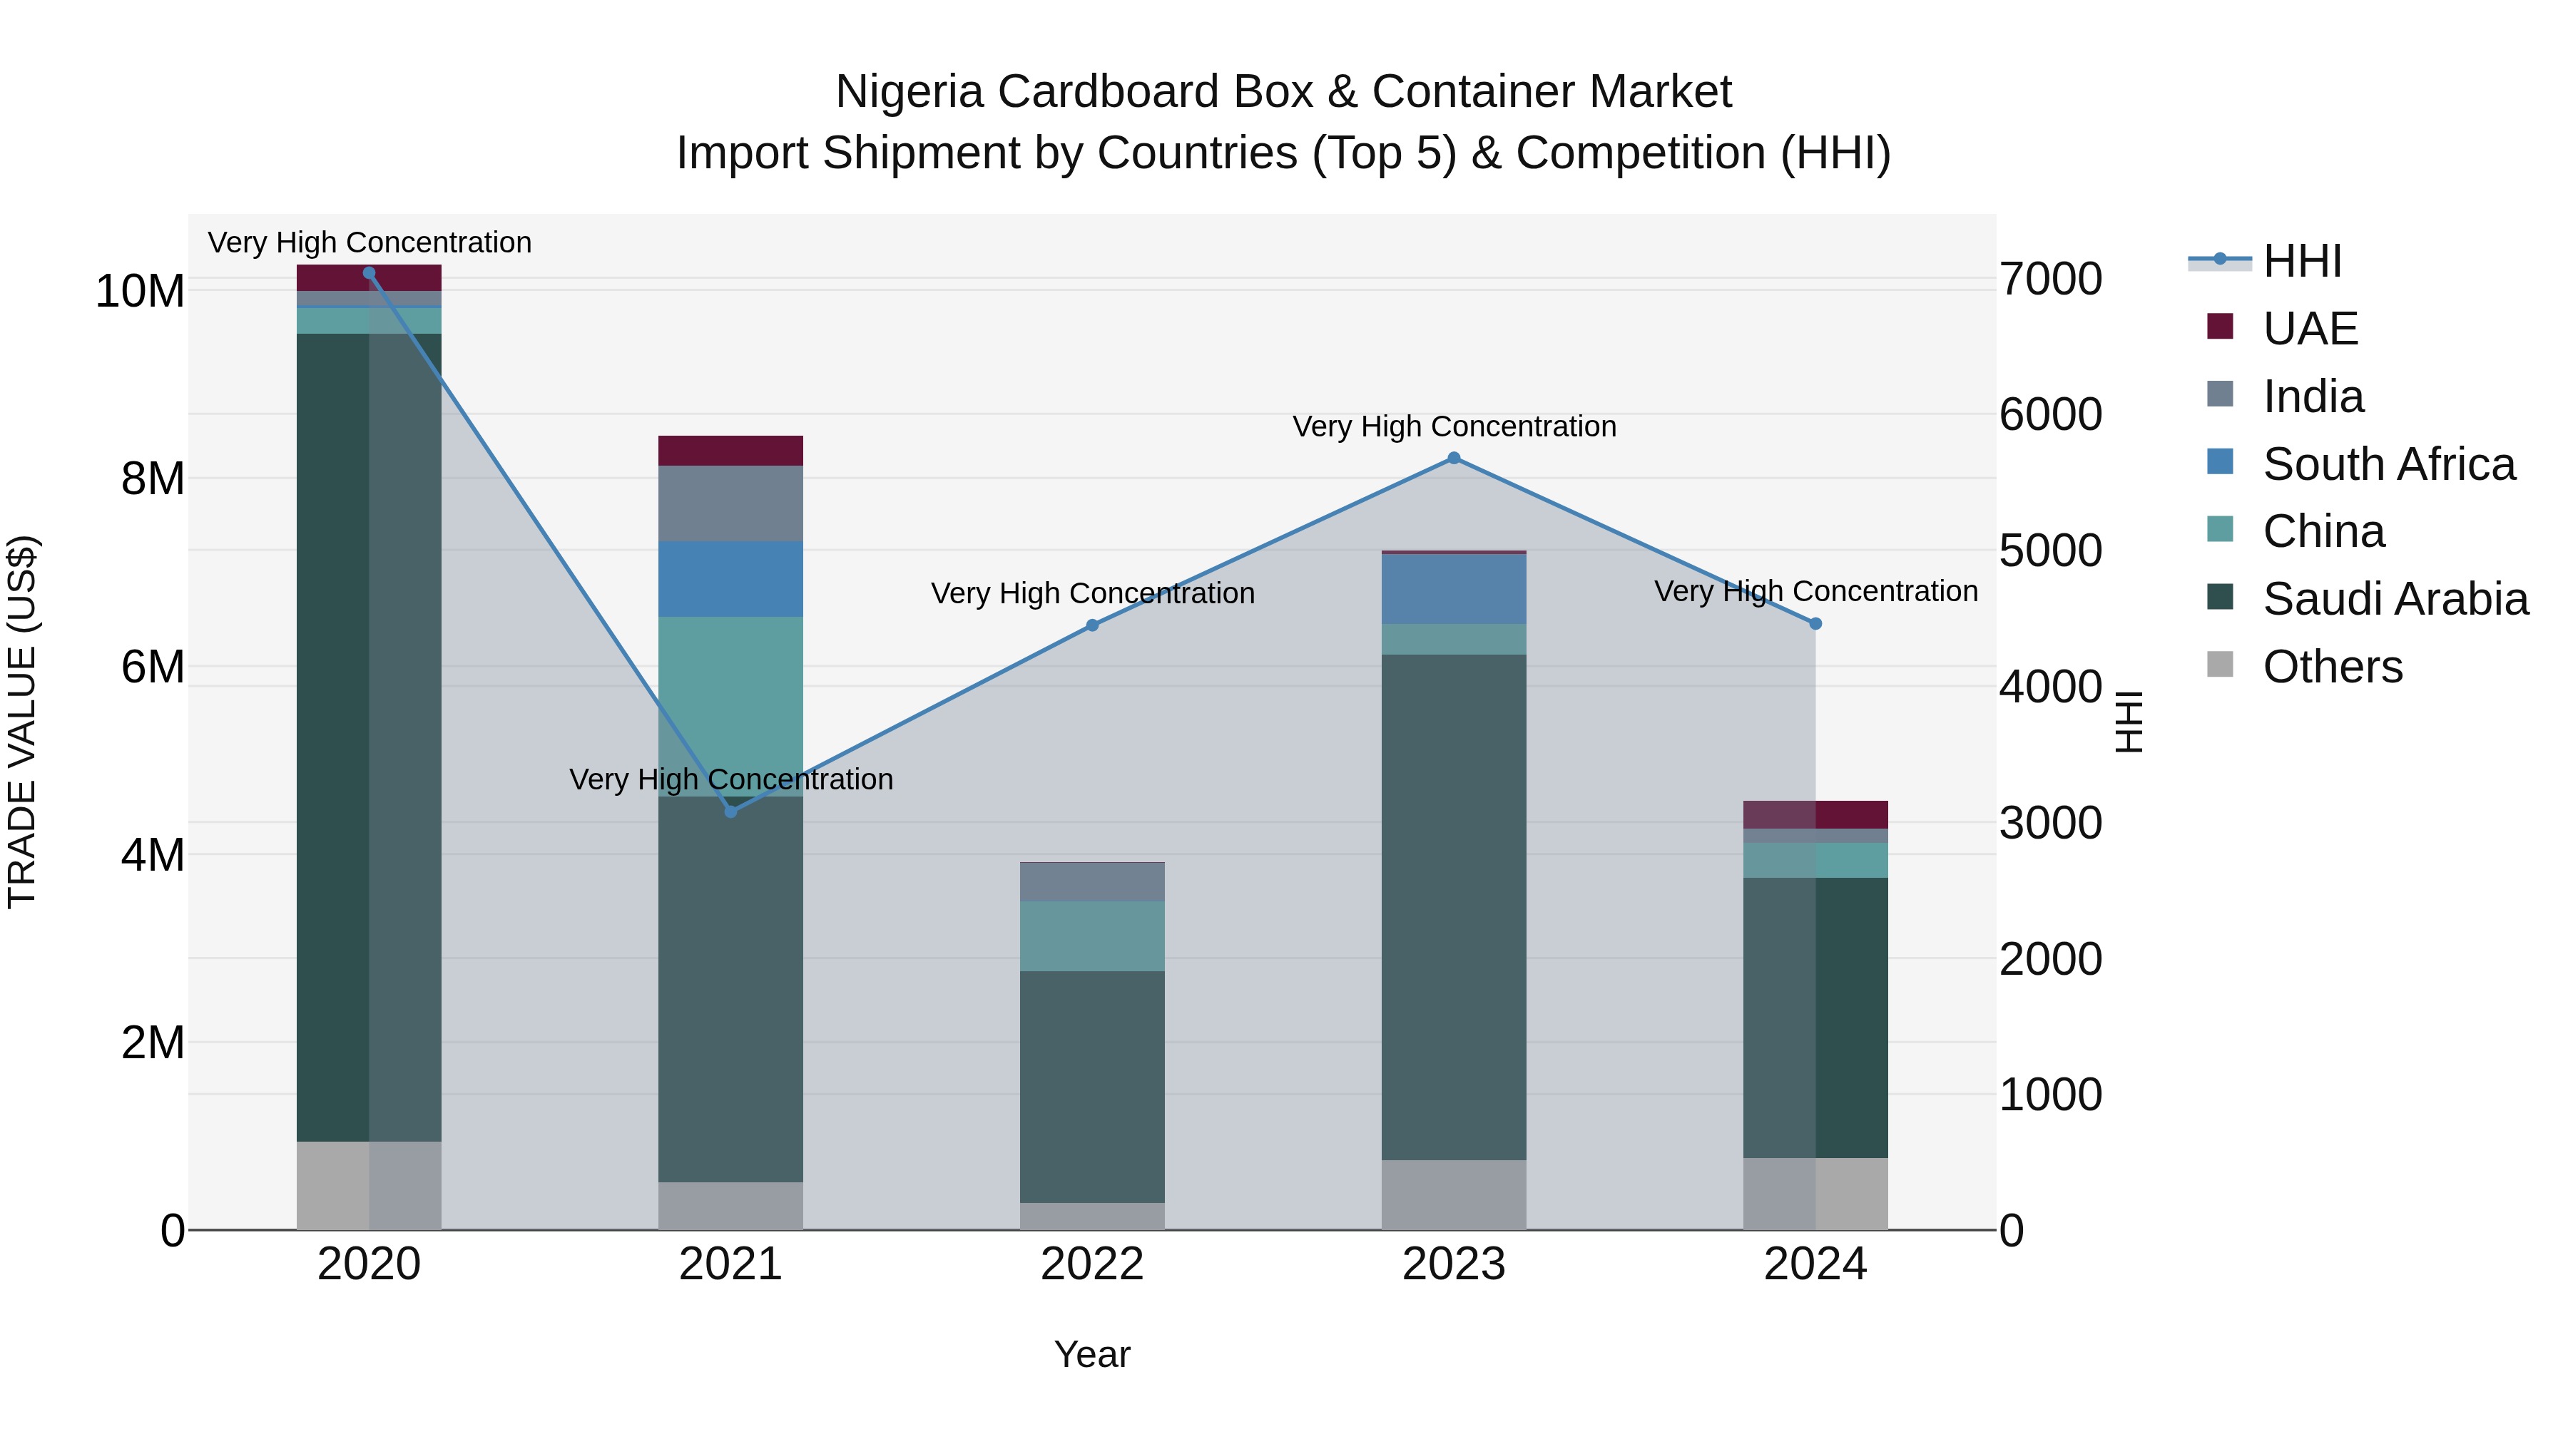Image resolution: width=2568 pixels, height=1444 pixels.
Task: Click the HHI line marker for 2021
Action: pyautogui.click(x=730, y=811)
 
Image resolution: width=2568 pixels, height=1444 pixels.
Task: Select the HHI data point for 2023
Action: pyautogui.click(x=1454, y=459)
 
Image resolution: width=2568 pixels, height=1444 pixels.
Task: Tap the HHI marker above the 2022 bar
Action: pyautogui.click(x=1091, y=625)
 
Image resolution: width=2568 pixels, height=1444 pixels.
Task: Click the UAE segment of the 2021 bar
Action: pyautogui.click(x=730, y=451)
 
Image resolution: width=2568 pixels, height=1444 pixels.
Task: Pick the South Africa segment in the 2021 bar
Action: pyautogui.click(x=730, y=579)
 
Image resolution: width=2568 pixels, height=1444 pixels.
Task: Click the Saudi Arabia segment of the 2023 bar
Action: pyautogui.click(x=1454, y=907)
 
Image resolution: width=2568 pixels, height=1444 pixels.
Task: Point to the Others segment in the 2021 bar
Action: pyautogui.click(x=730, y=1206)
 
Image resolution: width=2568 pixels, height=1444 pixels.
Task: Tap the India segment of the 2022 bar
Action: pyautogui.click(x=1091, y=882)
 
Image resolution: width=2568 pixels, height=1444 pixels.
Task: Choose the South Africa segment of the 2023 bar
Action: pyautogui.click(x=1454, y=589)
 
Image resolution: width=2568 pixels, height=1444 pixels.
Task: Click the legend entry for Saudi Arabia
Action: pyautogui.click(x=2393, y=599)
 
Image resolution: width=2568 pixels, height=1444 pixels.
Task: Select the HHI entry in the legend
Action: pyautogui.click(x=2300, y=261)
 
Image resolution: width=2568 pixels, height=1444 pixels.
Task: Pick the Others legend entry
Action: pyautogui.click(x=2330, y=667)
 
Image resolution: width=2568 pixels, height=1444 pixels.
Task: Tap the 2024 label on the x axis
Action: pyautogui.click(x=1814, y=1264)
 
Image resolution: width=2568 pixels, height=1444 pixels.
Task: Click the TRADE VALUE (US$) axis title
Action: pyautogui.click(x=22, y=722)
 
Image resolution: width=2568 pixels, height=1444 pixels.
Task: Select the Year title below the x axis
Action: pyautogui.click(x=1091, y=1354)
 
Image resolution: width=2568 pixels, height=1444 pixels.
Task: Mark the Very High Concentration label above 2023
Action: pyautogui.click(x=1454, y=426)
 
